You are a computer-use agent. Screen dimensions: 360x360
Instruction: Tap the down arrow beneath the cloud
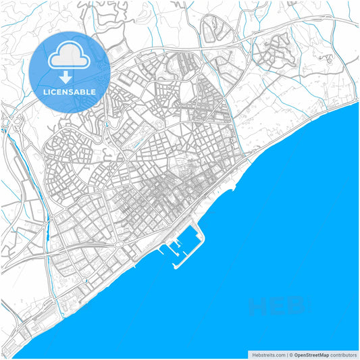point(70,76)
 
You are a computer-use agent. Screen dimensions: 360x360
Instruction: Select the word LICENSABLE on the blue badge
point(70,92)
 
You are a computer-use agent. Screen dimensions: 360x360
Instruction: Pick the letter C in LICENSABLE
point(55,92)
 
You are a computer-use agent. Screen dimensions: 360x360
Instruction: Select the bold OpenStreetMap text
point(311,354)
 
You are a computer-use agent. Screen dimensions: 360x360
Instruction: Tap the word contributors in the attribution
point(343,354)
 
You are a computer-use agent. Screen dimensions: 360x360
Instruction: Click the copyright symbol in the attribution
point(291,354)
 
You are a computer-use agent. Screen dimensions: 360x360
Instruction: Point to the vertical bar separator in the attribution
point(286,354)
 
